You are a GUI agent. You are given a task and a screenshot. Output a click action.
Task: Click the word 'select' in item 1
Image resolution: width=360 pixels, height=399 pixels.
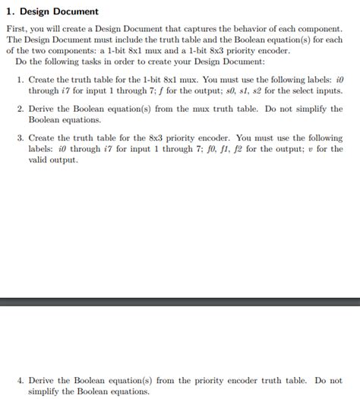click(303, 91)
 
